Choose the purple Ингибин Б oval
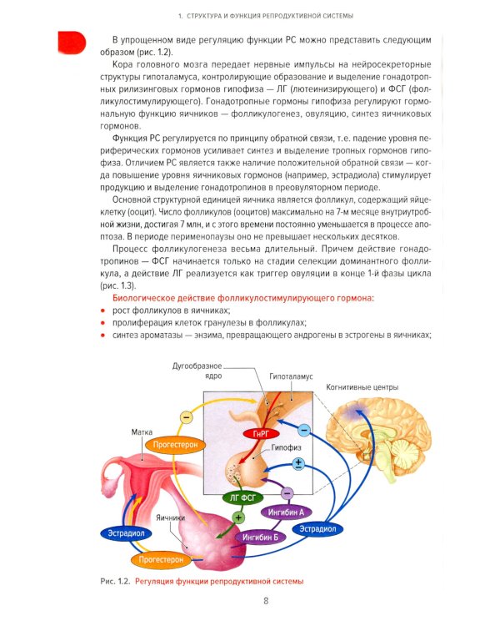tap(257, 537)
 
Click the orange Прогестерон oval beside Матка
tap(173, 446)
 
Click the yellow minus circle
tap(187, 415)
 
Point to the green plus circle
tap(237, 517)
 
